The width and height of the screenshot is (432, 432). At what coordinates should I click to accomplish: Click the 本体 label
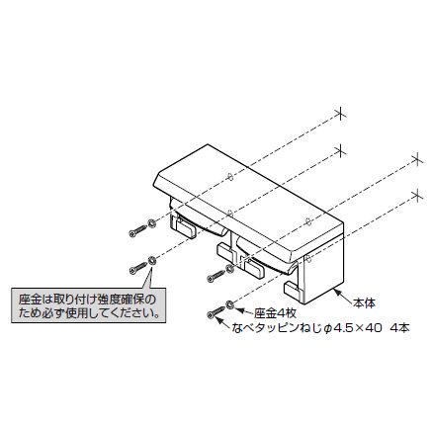click(365, 302)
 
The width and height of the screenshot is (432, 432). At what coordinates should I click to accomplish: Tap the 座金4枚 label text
click(275, 312)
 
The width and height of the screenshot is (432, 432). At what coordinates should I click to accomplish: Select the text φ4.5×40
click(352, 328)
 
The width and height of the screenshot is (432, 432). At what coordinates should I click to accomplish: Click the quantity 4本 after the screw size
click(399, 328)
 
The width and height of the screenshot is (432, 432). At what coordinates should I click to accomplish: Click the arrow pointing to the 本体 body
click(343, 297)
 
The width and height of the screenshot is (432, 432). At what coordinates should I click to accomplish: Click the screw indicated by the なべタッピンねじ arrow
click(215, 312)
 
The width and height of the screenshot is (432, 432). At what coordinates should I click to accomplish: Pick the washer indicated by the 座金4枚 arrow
click(229, 304)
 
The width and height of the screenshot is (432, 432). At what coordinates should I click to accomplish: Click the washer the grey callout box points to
click(152, 260)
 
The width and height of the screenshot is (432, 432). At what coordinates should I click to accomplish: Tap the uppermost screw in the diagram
click(137, 230)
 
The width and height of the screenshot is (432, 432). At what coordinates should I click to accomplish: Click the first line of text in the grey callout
click(86, 300)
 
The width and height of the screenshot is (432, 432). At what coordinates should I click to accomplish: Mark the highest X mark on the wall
click(341, 114)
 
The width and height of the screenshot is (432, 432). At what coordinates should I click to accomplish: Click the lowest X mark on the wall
click(418, 196)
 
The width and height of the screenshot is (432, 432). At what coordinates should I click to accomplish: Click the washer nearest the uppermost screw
click(151, 223)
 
